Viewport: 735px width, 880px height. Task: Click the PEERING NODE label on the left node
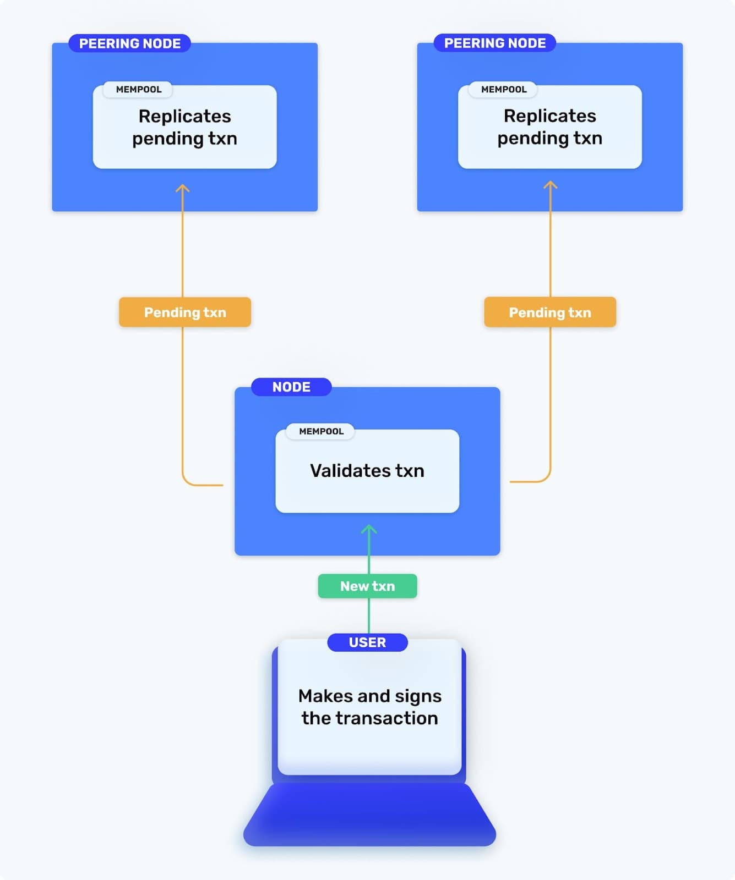(x=129, y=43)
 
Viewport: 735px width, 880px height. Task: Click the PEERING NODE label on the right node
(x=494, y=43)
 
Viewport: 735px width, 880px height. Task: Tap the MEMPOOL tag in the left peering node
(x=138, y=89)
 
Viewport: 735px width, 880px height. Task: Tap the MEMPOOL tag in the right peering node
(x=503, y=89)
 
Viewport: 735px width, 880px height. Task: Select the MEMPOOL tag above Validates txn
(x=321, y=431)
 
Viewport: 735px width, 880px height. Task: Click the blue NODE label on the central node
(x=291, y=387)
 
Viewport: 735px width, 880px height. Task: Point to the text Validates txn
(x=367, y=471)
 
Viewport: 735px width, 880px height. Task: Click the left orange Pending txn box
(x=185, y=312)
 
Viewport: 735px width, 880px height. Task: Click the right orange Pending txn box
(x=549, y=312)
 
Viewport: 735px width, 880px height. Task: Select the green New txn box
(x=367, y=586)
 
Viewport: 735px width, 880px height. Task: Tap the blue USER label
(x=367, y=642)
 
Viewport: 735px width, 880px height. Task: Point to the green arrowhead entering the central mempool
(x=369, y=529)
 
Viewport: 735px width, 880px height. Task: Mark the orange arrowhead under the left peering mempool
(x=182, y=188)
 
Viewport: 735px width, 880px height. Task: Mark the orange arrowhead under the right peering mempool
(x=550, y=185)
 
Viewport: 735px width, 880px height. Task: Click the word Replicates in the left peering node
(x=184, y=116)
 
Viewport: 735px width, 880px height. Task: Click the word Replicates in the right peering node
(x=549, y=116)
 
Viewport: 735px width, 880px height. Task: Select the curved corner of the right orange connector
(x=546, y=477)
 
